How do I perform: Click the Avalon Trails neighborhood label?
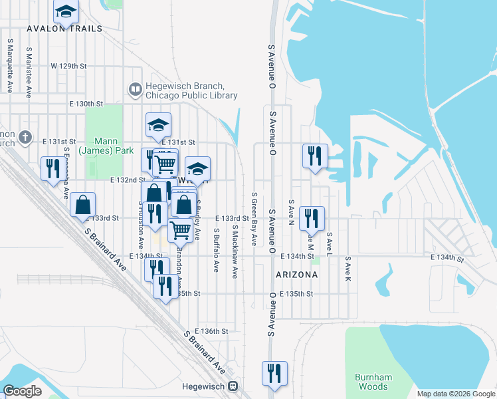pos(64,29)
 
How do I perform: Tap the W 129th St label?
pos(68,66)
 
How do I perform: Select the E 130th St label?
pos(86,104)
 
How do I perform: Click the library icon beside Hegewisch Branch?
pos(135,88)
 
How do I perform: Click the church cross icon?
pos(25,138)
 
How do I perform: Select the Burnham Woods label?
pos(373,382)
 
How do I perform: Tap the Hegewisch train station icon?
pos(233,386)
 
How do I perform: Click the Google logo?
pos(22,391)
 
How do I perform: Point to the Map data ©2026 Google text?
pos(455,394)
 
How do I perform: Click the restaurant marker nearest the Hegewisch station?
pos(274,374)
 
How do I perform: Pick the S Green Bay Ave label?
pos(254,219)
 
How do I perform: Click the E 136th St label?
pos(211,331)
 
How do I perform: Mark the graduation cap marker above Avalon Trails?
pos(66,13)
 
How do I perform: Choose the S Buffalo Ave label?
pos(216,251)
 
